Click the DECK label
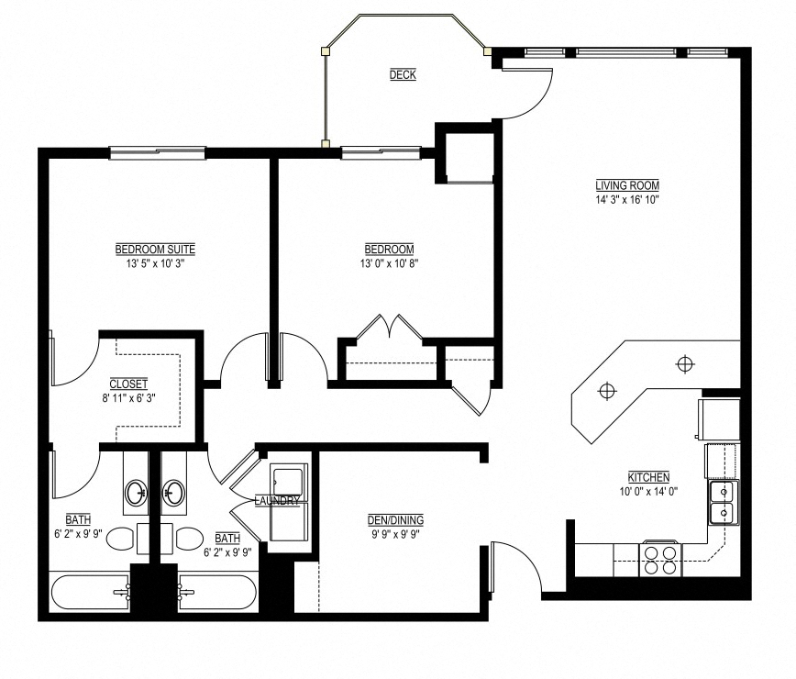[403, 75]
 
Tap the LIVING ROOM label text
[627, 185]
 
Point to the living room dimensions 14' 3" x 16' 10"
[627, 198]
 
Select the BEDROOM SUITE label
[155, 250]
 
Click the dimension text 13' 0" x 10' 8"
[389, 262]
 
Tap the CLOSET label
[128, 384]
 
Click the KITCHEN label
[648, 477]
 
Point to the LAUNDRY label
[278, 501]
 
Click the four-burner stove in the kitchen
[659, 559]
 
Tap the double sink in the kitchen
[723, 502]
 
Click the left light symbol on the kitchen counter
[605, 391]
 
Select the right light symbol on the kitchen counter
[684, 364]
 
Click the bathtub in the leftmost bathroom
[89, 593]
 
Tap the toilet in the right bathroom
[190, 539]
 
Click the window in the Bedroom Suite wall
[157, 152]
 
